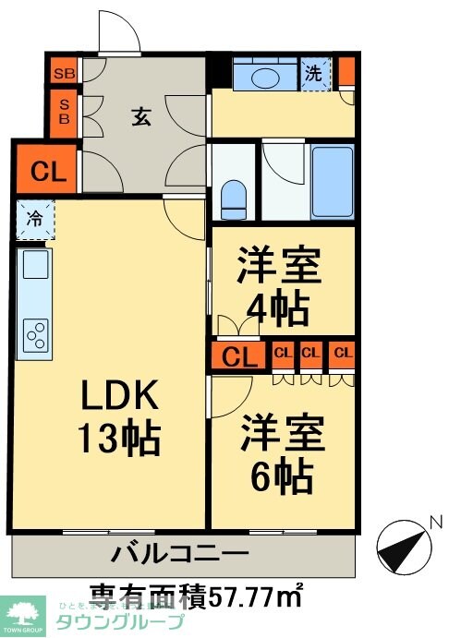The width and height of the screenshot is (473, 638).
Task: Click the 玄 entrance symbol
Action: (x=139, y=116)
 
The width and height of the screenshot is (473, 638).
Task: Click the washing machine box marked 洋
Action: (x=314, y=75)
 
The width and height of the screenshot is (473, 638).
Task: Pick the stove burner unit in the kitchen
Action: (x=37, y=335)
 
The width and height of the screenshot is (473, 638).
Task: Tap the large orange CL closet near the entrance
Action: (x=47, y=171)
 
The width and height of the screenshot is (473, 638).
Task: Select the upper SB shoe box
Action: (x=64, y=72)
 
